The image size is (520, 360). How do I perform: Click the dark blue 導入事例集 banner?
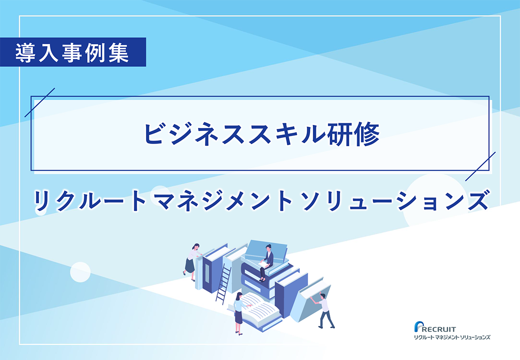click(73, 52)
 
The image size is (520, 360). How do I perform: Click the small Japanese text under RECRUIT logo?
click(452, 337)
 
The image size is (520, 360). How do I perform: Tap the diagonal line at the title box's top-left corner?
click(40, 103)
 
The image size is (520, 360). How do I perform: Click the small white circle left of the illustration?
click(80, 272)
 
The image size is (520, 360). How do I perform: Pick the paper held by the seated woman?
click(263, 263)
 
